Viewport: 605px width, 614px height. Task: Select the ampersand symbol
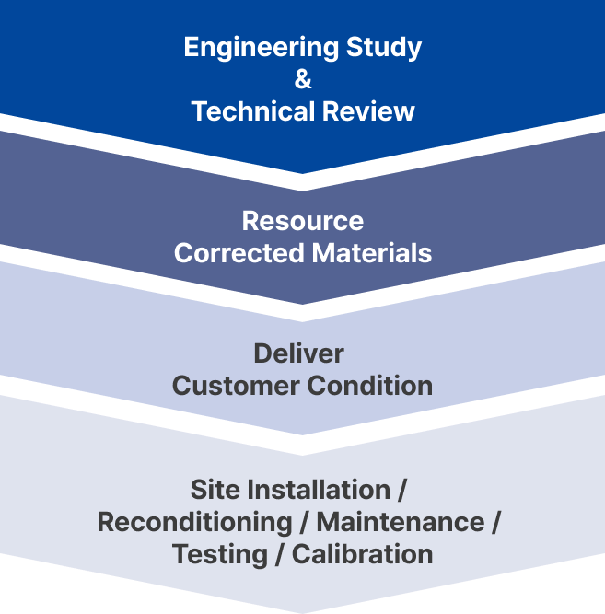pos(303,79)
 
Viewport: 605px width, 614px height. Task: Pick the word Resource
pos(303,221)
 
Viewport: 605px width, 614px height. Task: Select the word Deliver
pos(298,353)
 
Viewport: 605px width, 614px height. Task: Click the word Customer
pos(236,385)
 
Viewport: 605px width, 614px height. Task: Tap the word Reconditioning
pos(194,522)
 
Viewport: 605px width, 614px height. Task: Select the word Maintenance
pos(401,522)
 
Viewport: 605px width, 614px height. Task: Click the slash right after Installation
pos(402,490)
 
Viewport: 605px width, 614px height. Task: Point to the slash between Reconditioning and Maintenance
pos(305,522)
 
